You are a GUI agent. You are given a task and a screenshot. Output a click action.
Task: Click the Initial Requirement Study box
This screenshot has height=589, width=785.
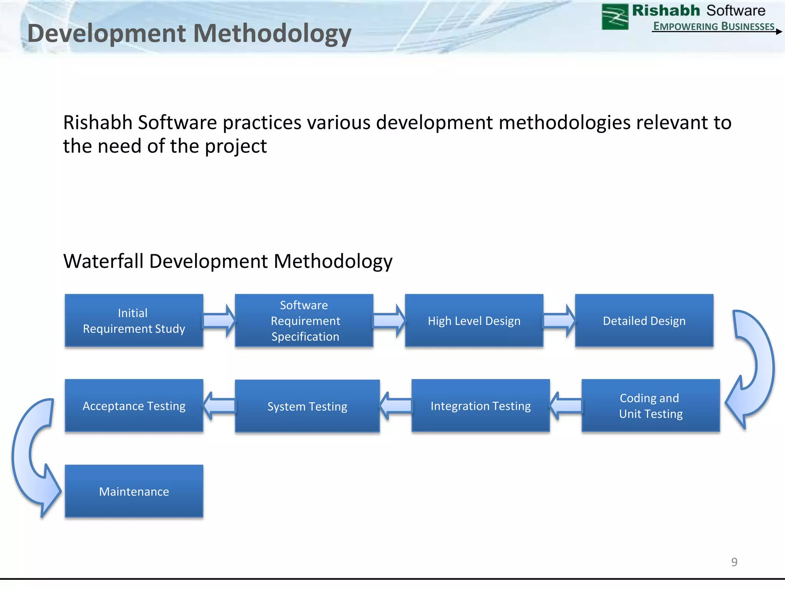click(134, 321)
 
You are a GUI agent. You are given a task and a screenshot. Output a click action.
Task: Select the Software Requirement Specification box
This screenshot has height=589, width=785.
click(304, 321)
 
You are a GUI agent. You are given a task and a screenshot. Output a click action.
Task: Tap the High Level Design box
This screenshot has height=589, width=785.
click(474, 321)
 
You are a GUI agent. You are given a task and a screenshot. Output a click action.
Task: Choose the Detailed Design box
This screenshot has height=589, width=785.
click(644, 321)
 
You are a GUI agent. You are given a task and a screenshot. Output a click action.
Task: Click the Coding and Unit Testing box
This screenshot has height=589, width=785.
click(650, 406)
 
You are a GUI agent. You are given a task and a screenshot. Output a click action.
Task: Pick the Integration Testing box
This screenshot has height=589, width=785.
click(481, 406)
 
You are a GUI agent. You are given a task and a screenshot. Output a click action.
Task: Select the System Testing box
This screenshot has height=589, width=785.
click(307, 406)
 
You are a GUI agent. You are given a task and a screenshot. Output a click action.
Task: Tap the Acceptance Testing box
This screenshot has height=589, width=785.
click(134, 406)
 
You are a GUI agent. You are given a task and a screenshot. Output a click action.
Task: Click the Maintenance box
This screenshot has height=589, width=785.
click(134, 491)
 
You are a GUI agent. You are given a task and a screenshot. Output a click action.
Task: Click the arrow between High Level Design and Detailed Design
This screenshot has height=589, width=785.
click(559, 321)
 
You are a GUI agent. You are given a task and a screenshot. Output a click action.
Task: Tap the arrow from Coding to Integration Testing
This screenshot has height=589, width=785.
click(566, 406)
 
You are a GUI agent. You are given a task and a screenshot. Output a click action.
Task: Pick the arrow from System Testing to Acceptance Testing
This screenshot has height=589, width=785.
click(219, 406)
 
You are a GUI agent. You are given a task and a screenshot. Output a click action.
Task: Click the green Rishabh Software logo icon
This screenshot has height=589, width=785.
click(615, 17)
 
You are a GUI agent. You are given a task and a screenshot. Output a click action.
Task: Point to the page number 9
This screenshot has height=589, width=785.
click(734, 562)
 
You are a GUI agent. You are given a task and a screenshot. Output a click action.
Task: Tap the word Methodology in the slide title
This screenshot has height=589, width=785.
click(272, 34)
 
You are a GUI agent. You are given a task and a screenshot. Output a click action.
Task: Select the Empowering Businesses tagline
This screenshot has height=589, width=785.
click(714, 26)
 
